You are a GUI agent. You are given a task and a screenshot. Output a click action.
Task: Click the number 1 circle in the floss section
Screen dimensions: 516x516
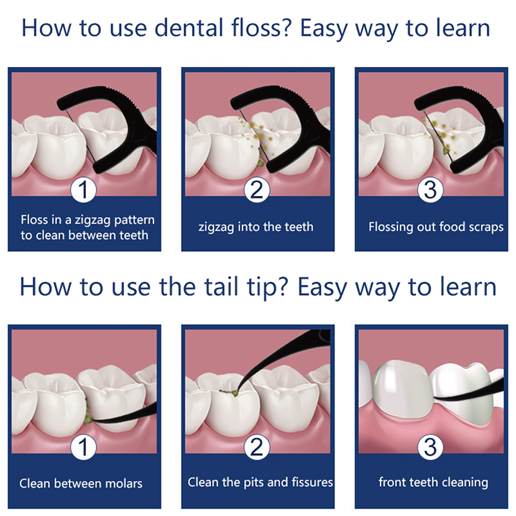(83, 190)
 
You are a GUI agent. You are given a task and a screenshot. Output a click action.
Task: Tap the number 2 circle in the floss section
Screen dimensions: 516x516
(257, 190)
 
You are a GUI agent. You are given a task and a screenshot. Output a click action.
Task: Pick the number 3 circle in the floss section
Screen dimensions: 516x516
(430, 190)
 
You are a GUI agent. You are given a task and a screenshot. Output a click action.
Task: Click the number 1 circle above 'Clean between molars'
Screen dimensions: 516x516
(83, 447)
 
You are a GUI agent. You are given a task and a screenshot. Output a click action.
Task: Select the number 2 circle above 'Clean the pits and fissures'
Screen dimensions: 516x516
(257, 447)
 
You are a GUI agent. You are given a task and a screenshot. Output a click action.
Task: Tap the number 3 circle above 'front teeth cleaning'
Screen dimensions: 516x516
(430, 447)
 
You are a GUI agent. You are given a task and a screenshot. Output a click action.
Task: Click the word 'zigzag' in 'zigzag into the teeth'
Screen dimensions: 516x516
(216, 228)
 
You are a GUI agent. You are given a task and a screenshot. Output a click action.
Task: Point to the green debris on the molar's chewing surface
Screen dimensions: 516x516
(229, 393)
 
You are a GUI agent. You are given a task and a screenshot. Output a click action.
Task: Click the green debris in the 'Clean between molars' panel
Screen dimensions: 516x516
(88, 413)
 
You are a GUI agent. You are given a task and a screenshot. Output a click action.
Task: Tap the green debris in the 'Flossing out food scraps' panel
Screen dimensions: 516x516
(445, 150)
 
